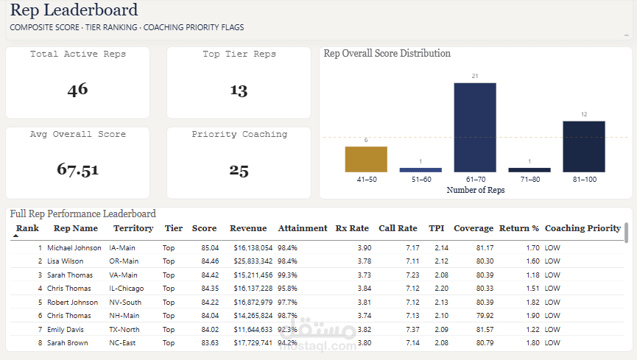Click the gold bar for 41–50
pyautogui.click(x=366, y=159)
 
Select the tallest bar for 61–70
pyautogui.click(x=475, y=127)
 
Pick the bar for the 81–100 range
pyautogui.click(x=584, y=147)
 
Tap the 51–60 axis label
pyautogui.click(x=420, y=179)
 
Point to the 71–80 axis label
pyautogui.click(x=529, y=179)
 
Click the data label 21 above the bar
pyautogui.click(x=475, y=77)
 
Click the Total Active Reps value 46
pyautogui.click(x=77, y=90)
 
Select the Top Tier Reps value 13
pyautogui.click(x=239, y=90)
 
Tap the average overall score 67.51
pyautogui.click(x=77, y=169)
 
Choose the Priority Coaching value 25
pyautogui.click(x=239, y=170)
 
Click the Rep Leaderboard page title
pyautogui.click(x=74, y=10)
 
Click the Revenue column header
pyautogui.click(x=248, y=228)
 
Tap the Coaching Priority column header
pyautogui.click(x=583, y=228)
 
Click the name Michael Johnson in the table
pyautogui.click(x=74, y=248)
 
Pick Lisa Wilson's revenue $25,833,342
pyautogui.click(x=253, y=261)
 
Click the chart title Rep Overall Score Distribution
pyautogui.click(x=387, y=53)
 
